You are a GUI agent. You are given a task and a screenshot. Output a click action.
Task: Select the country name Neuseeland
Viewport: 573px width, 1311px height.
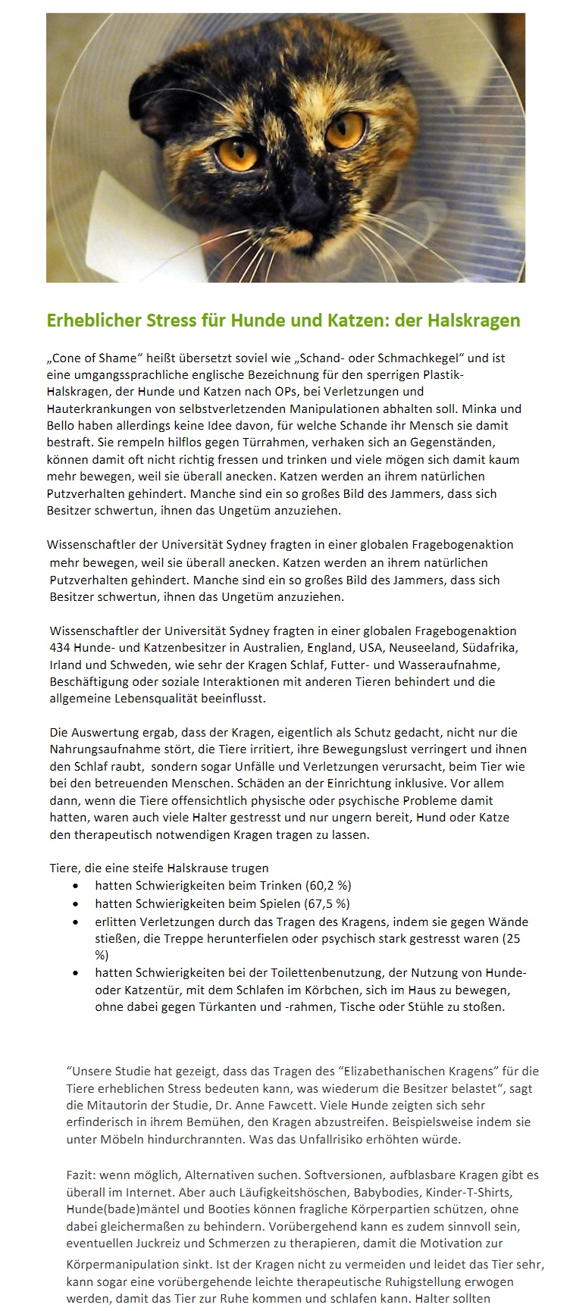[424, 648]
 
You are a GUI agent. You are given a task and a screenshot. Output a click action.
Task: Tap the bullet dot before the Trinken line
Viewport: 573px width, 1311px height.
[76, 885]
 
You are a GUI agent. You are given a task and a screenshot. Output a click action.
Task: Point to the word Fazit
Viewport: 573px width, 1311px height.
[82, 1175]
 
